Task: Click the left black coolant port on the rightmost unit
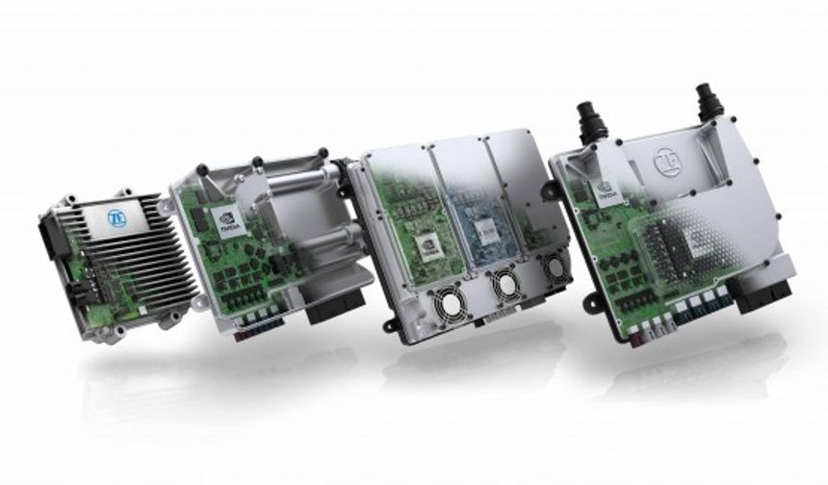(589, 124)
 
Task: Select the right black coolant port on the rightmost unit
(711, 101)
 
